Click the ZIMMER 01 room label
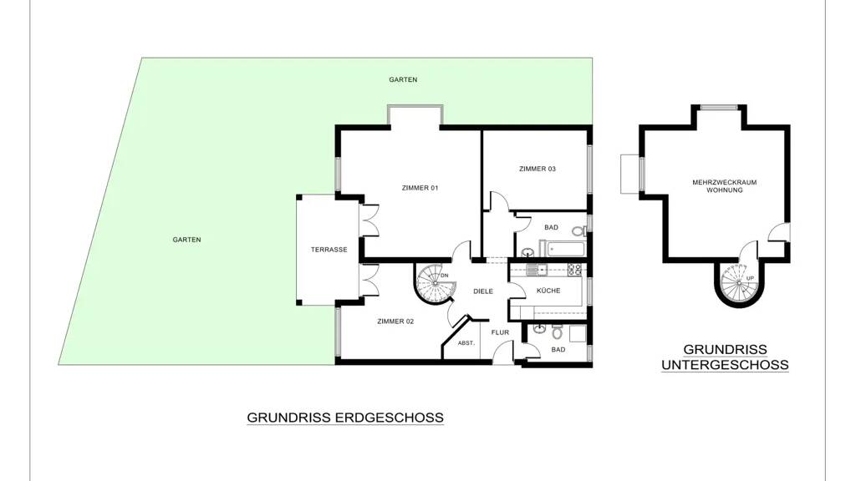pyautogui.click(x=420, y=188)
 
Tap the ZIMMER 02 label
pyautogui.click(x=395, y=322)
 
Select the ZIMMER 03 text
pyautogui.click(x=538, y=169)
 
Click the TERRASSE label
pyautogui.click(x=329, y=250)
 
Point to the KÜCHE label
pyautogui.click(x=548, y=291)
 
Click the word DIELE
pyautogui.click(x=483, y=291)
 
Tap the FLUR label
pyautogui.click(x=500, y=332)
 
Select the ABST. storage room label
pyautogui.click(x=466, y=343)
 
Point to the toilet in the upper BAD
pyautogui.click(x=580, y=231)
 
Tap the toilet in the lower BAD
pyautogui.click(x=557, y=332)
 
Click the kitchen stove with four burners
pyautogui.click(x=575, y=268)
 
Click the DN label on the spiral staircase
pyautogui.click(x=445, y=276)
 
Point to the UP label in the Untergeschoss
pyautogui.click(x=750, y=279)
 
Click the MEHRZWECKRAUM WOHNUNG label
pyautogui.click(x=725, y=186)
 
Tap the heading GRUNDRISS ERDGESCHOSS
pyautogui.click(x=345, y=418)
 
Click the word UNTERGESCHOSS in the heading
pyautogui.click(x=725, y=365)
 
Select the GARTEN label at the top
pyautogui.click(x=403, y=79)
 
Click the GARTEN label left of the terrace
pyautogui.click(x=186, y=240)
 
